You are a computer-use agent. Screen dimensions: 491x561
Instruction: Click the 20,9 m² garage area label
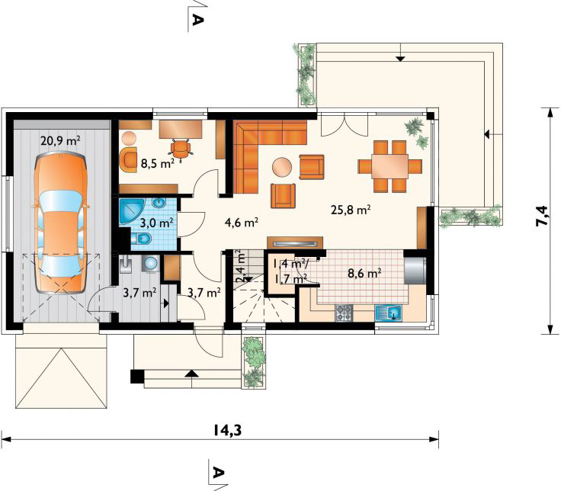(63, 140)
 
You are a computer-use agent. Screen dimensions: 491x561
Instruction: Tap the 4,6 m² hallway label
(241, 223)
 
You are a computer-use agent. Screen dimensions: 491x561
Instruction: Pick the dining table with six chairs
(389, 165)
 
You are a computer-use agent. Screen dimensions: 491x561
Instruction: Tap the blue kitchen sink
(389, 312)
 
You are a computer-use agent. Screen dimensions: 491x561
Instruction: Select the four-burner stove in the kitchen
(344, 311)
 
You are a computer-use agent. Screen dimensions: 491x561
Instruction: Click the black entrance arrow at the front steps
(190, 374)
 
